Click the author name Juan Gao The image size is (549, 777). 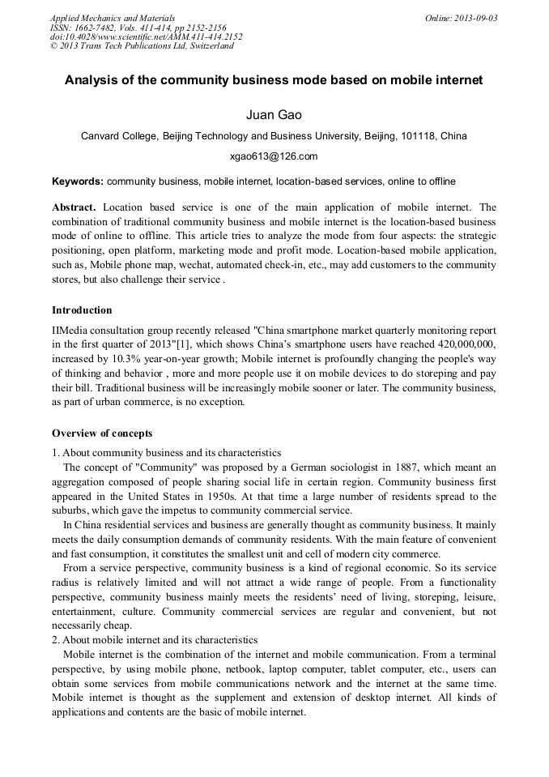coord(274,115)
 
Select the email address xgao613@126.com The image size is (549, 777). coord(274,156)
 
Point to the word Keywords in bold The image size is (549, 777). coord(77,181)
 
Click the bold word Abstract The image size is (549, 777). coord(75,207)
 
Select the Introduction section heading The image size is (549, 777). coord(82,310)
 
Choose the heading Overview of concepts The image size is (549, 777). coord(102,433)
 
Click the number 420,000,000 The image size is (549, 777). coord(461,345)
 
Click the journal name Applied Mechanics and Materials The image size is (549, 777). coord(113,18)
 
